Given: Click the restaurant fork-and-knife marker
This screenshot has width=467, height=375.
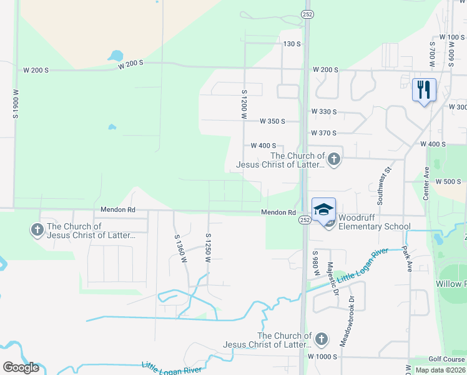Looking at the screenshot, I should pos(424,89).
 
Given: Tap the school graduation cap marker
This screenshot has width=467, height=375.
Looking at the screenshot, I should pos(323,209).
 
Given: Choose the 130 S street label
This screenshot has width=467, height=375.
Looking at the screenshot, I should pos(292,44).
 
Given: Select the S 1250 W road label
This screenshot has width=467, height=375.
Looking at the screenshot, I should pos(208,247).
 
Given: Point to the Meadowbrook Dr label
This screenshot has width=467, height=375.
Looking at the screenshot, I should pos(343,322).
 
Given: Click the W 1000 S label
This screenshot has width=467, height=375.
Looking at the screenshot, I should pos(322,356).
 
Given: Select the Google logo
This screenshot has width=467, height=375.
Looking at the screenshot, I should pos(21,367).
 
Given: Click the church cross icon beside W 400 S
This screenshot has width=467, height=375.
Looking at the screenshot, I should pos(334,159).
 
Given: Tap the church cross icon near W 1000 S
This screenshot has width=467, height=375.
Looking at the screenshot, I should pos(321,339).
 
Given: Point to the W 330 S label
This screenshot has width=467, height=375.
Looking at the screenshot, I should pos(324,112).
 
